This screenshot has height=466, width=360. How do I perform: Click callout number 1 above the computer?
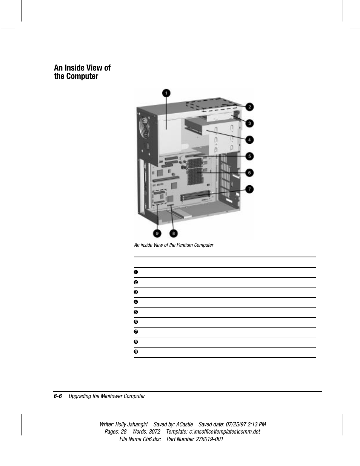166,93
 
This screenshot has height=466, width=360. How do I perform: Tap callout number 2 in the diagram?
249,107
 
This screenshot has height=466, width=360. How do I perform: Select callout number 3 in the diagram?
249,123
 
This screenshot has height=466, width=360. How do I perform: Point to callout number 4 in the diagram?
249,140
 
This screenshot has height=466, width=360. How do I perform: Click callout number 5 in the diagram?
249,156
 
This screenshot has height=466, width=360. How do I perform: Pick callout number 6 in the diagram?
249,173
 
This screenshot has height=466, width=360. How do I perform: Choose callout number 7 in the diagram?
249,189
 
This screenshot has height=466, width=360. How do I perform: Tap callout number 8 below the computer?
173,233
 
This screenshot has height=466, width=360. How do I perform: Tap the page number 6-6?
58,396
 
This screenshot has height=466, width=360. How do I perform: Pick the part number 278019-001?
209,439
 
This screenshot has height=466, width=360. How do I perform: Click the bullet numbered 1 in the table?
136,272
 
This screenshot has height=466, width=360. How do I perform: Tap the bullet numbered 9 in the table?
136,352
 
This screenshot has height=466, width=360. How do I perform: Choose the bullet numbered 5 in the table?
136,312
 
